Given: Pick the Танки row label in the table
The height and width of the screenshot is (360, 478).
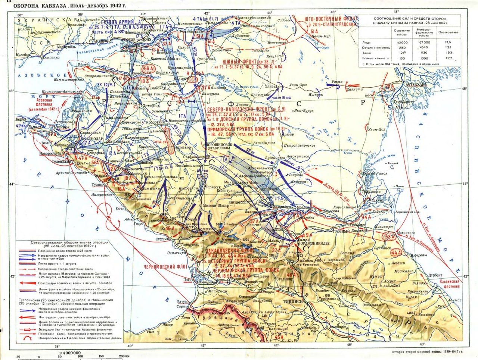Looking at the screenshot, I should point(367,53).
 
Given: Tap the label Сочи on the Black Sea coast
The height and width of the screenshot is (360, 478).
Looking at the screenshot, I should point(121,209).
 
